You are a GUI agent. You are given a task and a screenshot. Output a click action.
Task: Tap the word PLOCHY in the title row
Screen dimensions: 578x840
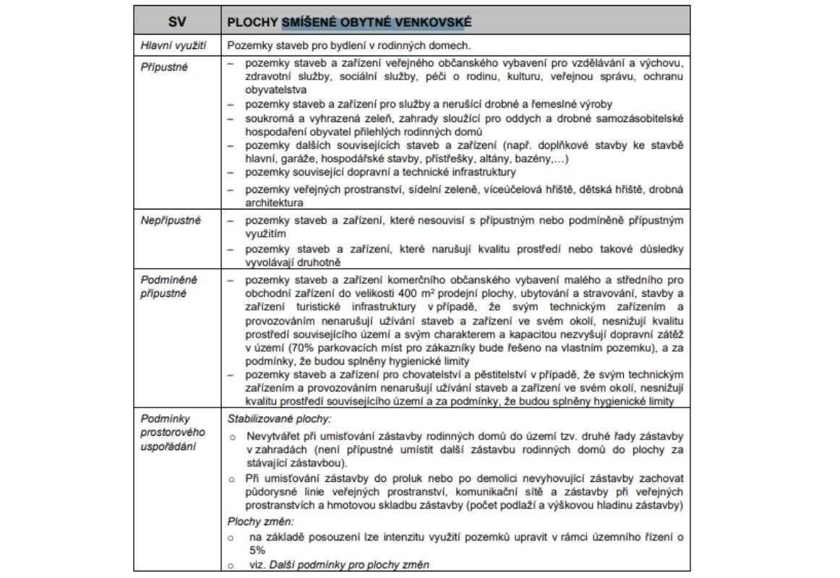point(252,22)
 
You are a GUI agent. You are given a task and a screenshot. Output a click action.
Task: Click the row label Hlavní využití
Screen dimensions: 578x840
point(173,46)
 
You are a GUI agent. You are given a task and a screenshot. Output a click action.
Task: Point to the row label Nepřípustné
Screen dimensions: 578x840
point(171,220)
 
